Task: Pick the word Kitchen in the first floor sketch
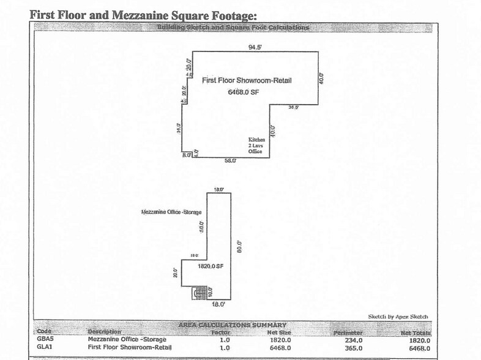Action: click(x=256, y=140)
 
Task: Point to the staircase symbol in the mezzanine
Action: click(x=198, y=293)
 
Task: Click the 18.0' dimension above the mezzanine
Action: click(x=218, y=191)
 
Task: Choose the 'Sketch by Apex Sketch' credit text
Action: click(x=398, y=317)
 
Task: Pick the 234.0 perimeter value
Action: click(x=354, y=340)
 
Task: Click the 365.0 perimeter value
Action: click(x=354, y=348)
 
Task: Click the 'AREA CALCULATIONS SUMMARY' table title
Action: click(x=232, y=324)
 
